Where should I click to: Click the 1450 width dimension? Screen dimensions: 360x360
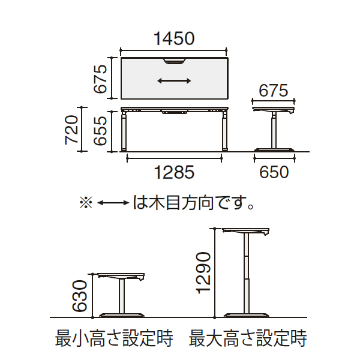pos(175,40)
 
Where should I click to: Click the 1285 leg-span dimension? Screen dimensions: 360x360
pos(175,172)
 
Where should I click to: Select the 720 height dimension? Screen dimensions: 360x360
pos(71,130)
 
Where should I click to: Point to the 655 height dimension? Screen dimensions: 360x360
pos(100,130)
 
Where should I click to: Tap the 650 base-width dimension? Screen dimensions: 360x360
pos(274,172)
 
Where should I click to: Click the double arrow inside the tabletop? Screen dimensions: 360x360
pos(175,80)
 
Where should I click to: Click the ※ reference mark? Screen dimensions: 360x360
pos(86,203)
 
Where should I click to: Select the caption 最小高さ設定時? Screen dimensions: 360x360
pos(114,340)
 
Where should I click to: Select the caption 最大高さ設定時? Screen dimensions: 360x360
pos(248,340)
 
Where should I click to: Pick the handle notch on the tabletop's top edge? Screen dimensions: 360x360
pos(175,60)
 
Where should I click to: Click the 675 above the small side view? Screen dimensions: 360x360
pos(274,91)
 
